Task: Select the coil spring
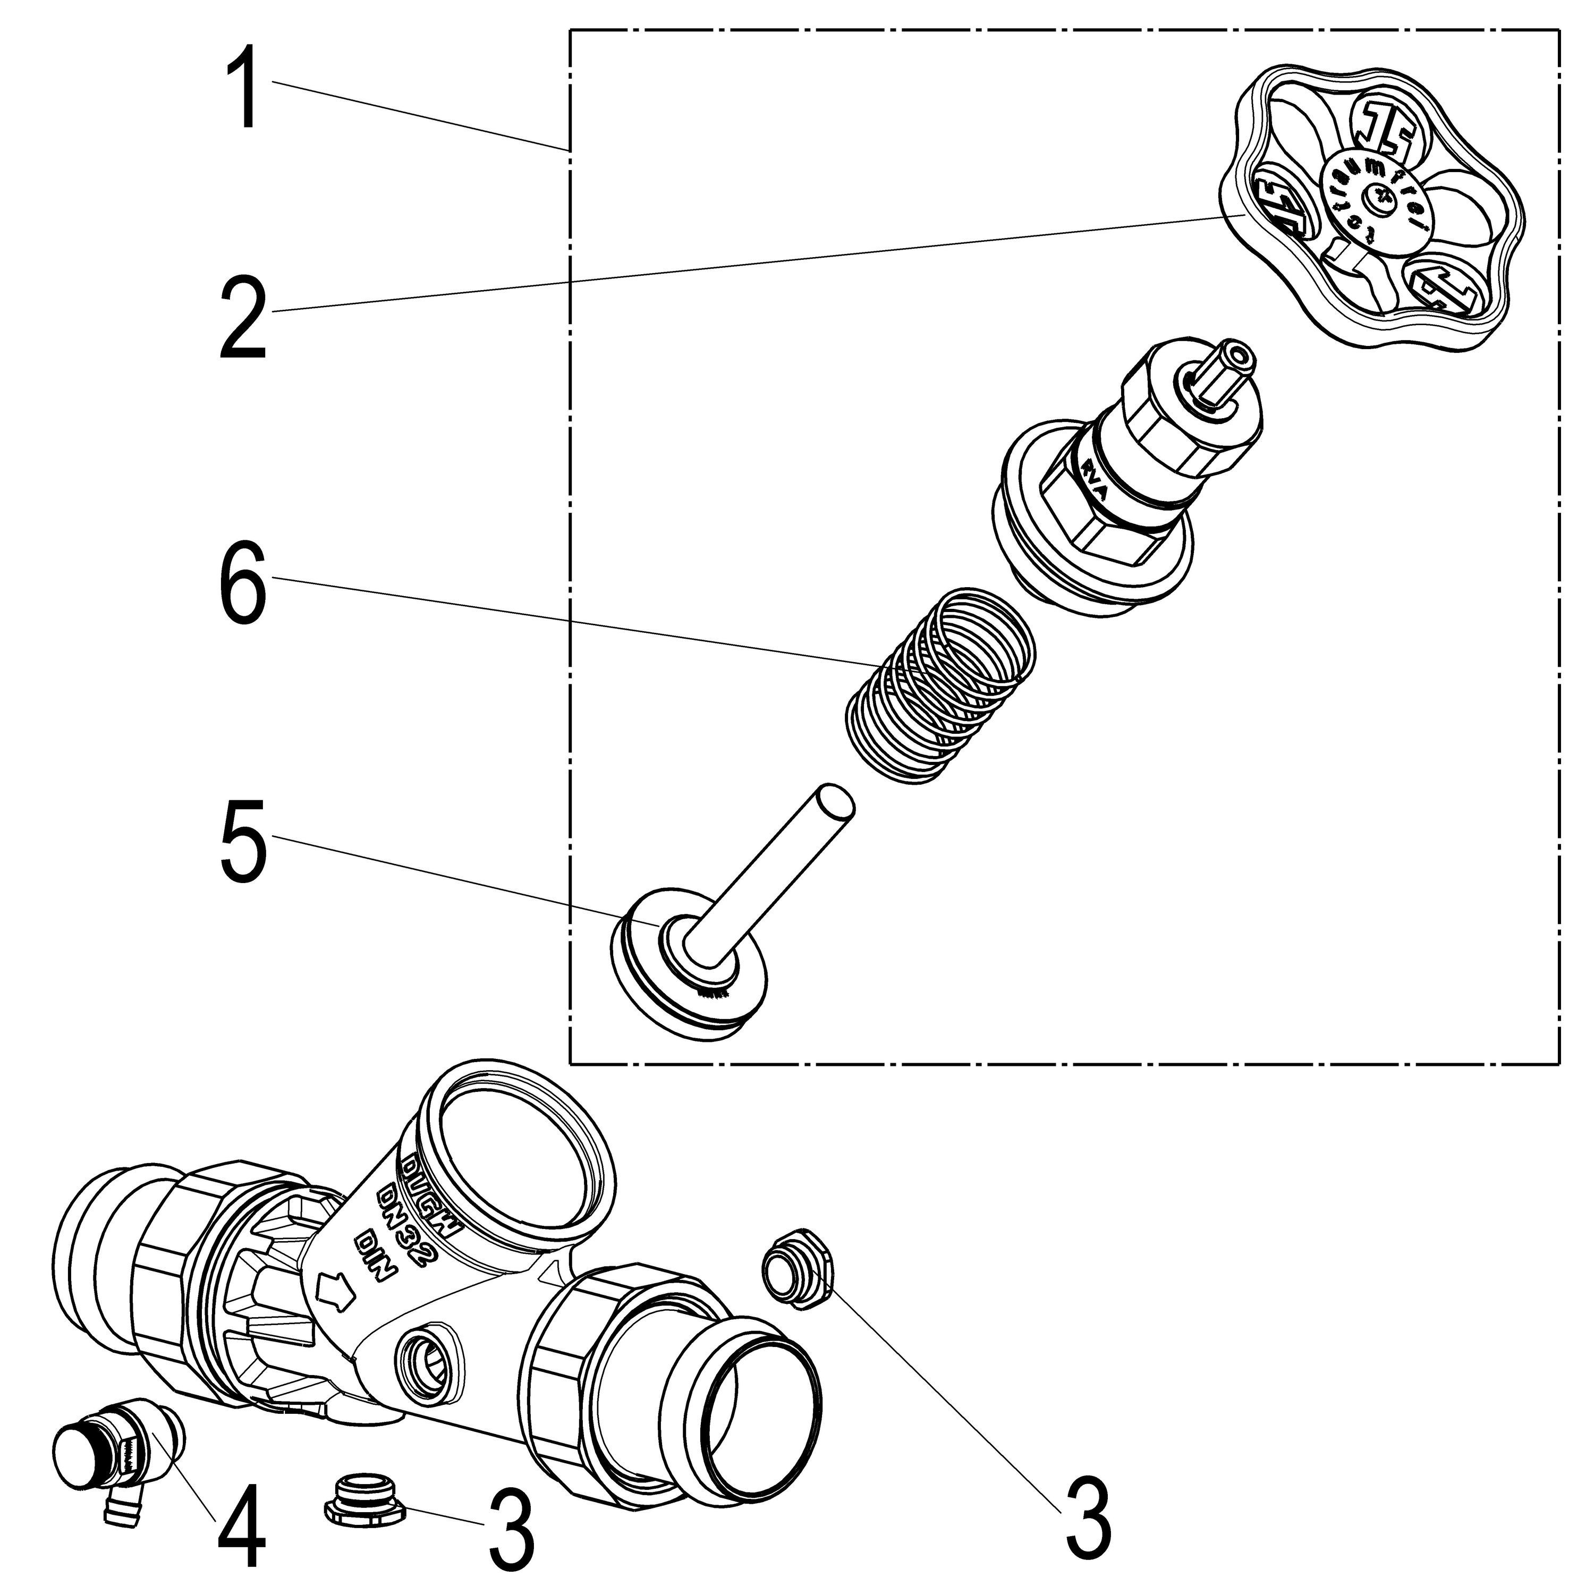tap(940, 685)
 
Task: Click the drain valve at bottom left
tap(115, 1452)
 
